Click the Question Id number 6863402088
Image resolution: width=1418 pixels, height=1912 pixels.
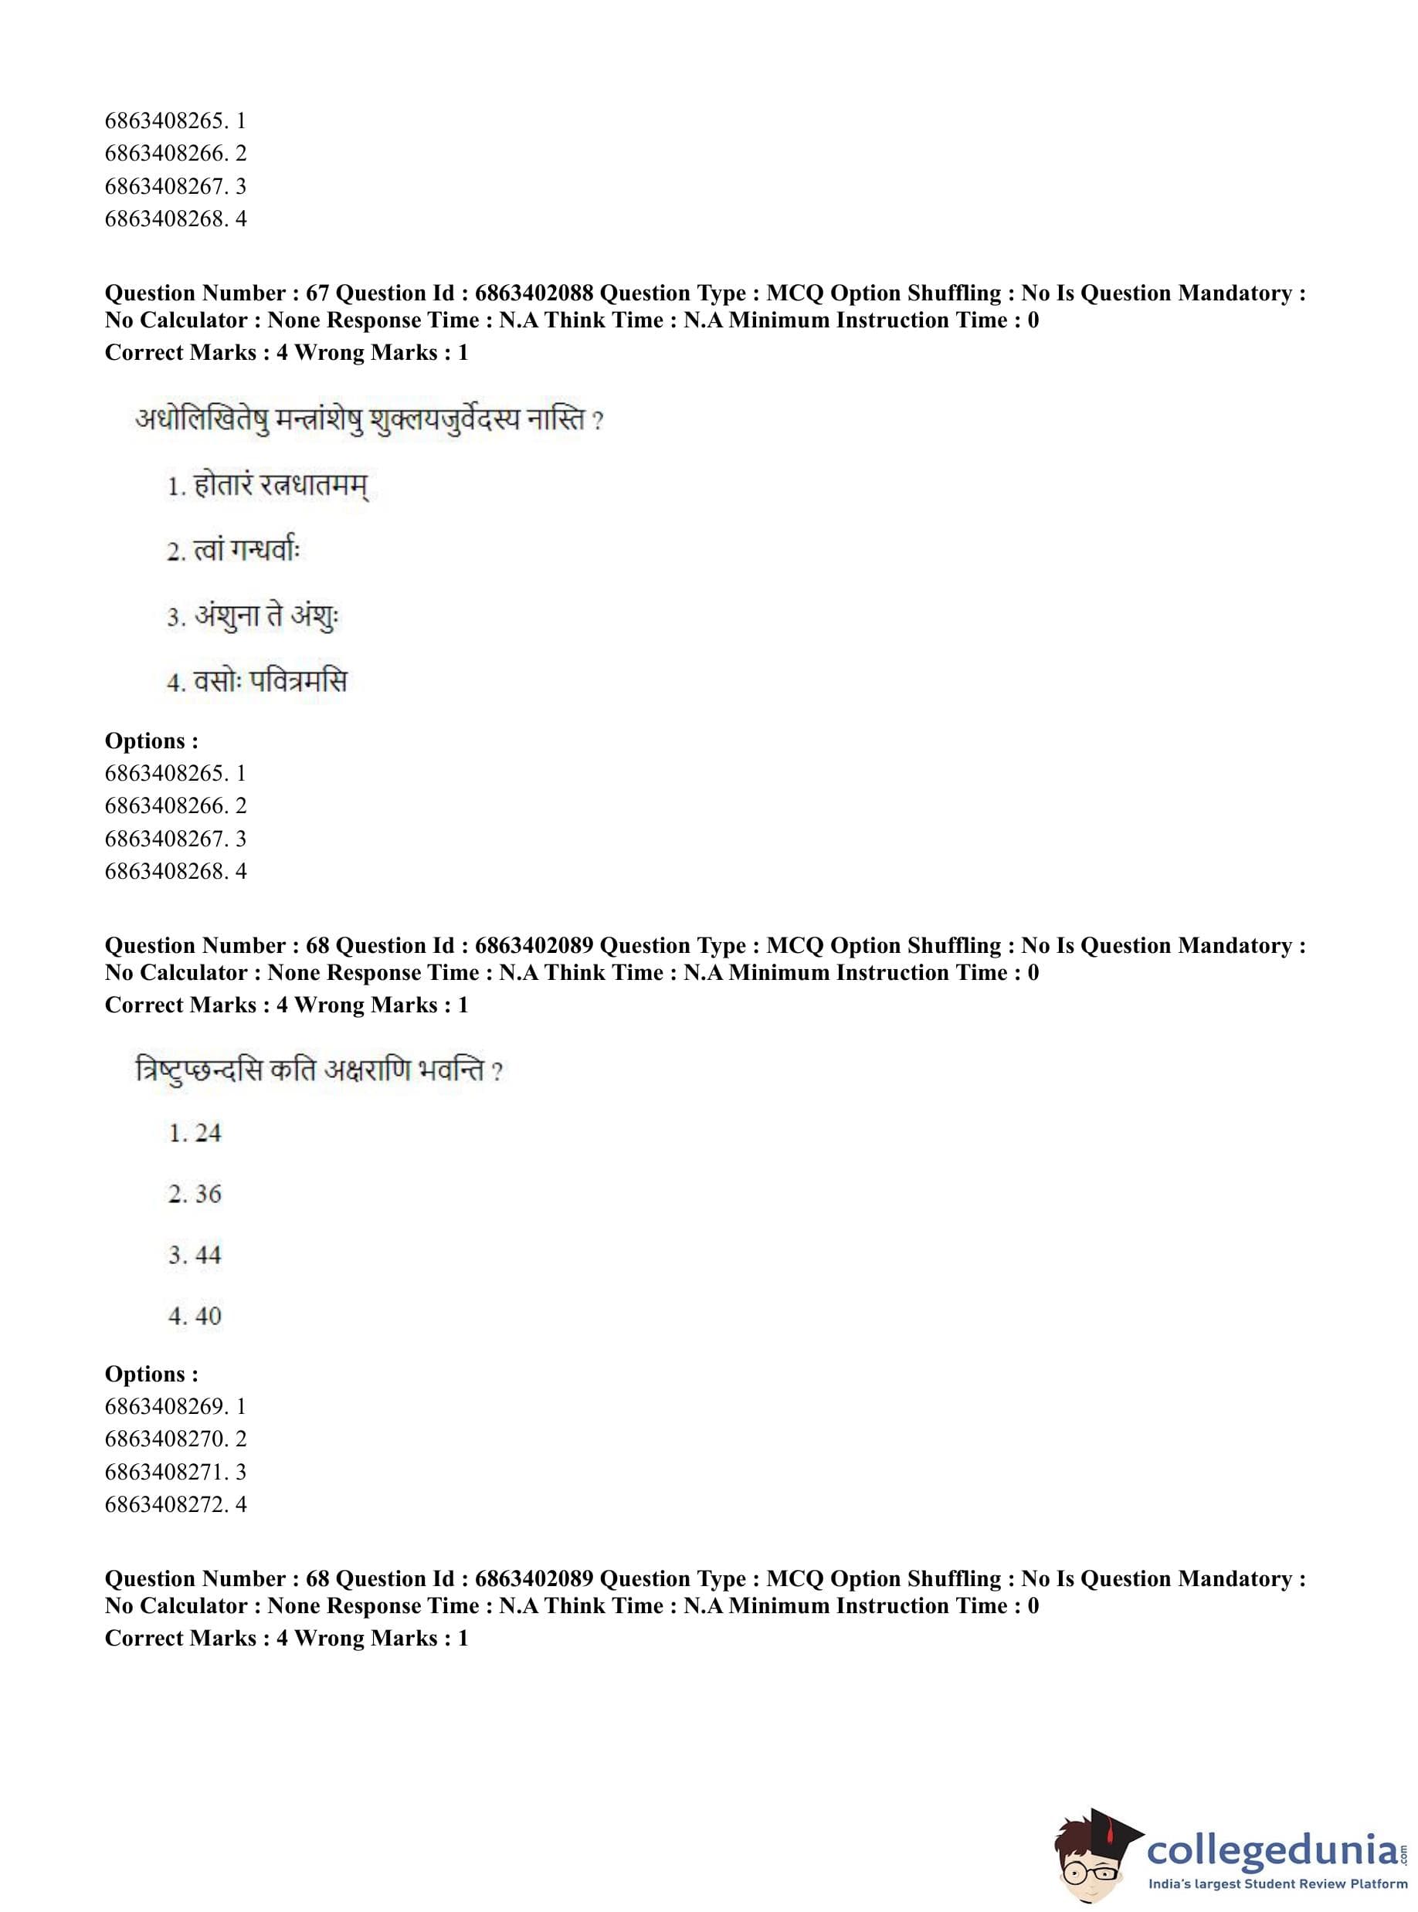[x=533, y=293]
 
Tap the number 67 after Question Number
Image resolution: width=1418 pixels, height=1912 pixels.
[x=317, y=293]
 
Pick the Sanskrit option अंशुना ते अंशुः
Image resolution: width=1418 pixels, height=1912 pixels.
[x=266, y=616]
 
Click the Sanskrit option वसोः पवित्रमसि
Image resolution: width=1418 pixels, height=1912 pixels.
[x=270, y=681]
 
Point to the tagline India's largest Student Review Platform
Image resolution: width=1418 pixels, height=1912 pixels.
[x=1277, y=1883]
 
